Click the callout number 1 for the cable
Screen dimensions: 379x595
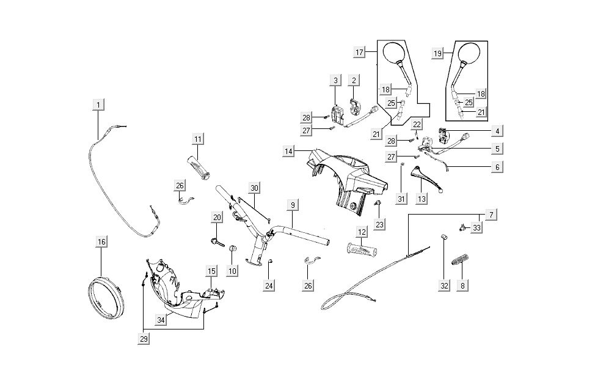(x=98, y=105)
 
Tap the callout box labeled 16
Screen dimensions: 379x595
(x=101, y=243)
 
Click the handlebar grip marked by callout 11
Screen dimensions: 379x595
(x=199, y=167)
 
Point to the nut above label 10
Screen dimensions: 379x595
(x=232, y=248)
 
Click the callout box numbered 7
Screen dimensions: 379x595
(x=491, y=215)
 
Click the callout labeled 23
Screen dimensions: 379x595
(x=380, y=225)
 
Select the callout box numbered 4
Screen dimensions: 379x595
(x=497, y=131)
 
